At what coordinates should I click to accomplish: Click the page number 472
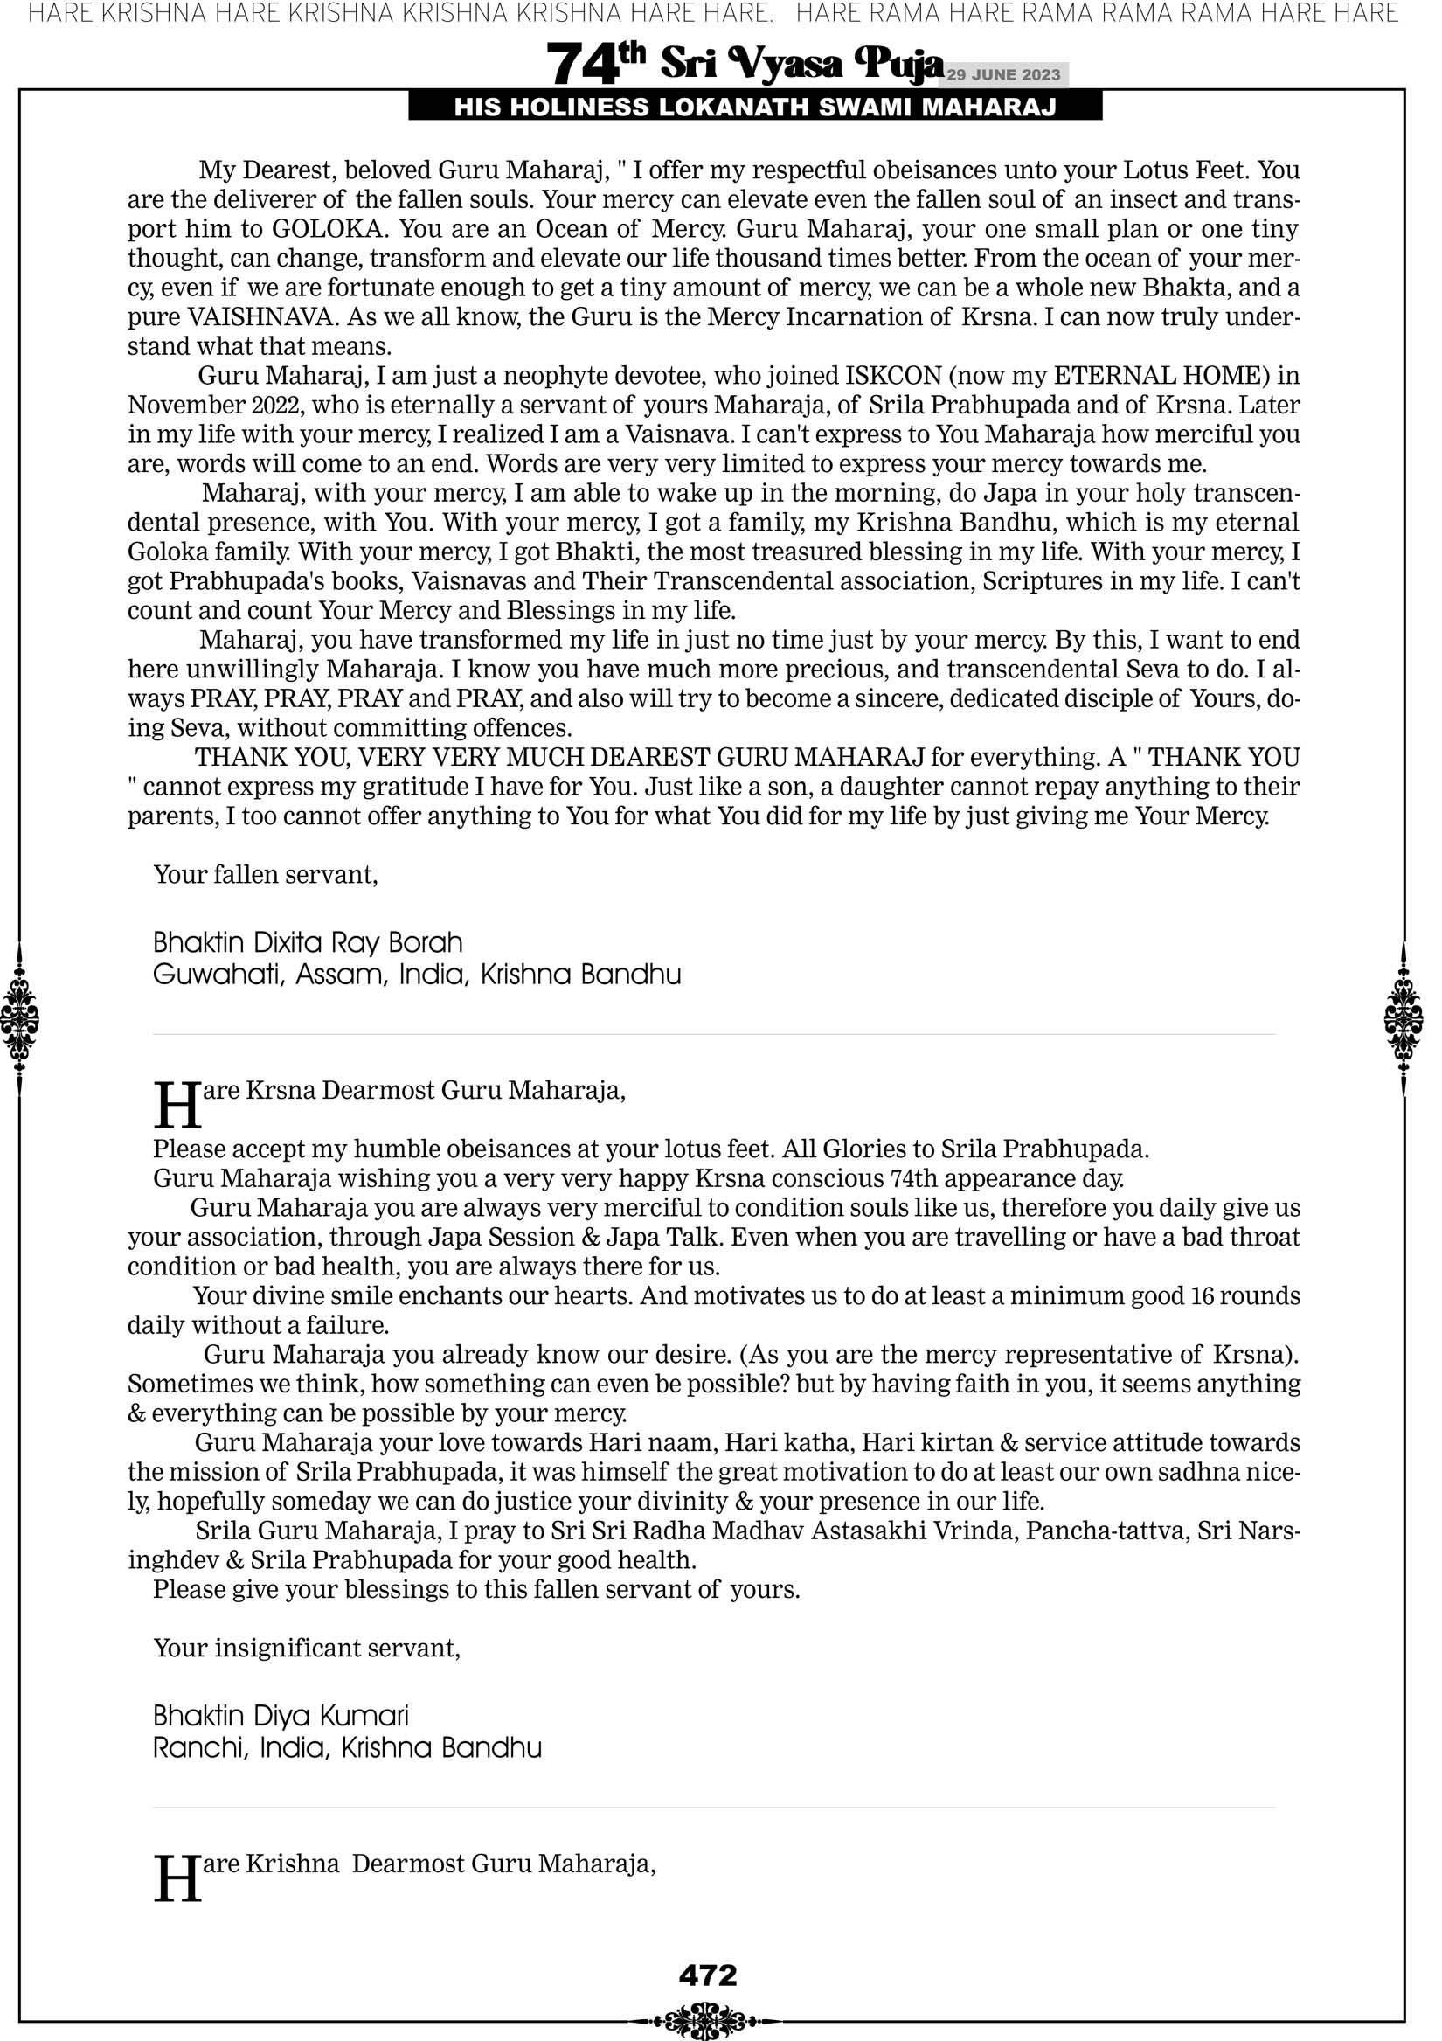(708, 1975)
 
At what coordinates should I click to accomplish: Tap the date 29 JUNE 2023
(1002, 74)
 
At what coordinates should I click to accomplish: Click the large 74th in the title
(595, 63)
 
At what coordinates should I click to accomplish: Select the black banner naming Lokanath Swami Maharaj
(755, 107)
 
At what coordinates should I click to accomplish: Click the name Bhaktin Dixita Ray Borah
(308, 942)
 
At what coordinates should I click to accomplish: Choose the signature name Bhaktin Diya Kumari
(281, 1716)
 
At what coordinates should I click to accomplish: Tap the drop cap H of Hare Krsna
(177, 1105)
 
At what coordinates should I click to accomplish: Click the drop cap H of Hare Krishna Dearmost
(177, 1878)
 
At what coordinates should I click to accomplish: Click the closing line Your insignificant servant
(307, 1648)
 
